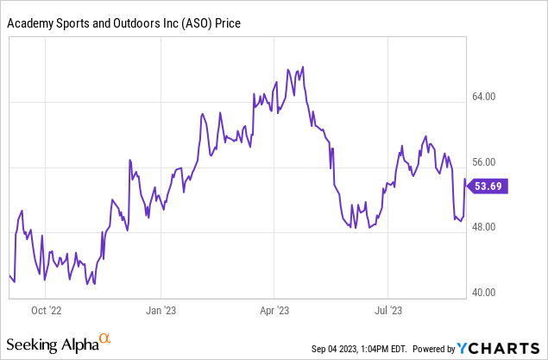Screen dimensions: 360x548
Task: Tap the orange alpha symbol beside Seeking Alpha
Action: click(x=105, y=339)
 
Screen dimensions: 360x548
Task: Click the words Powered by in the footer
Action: click(x=434, y=349)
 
